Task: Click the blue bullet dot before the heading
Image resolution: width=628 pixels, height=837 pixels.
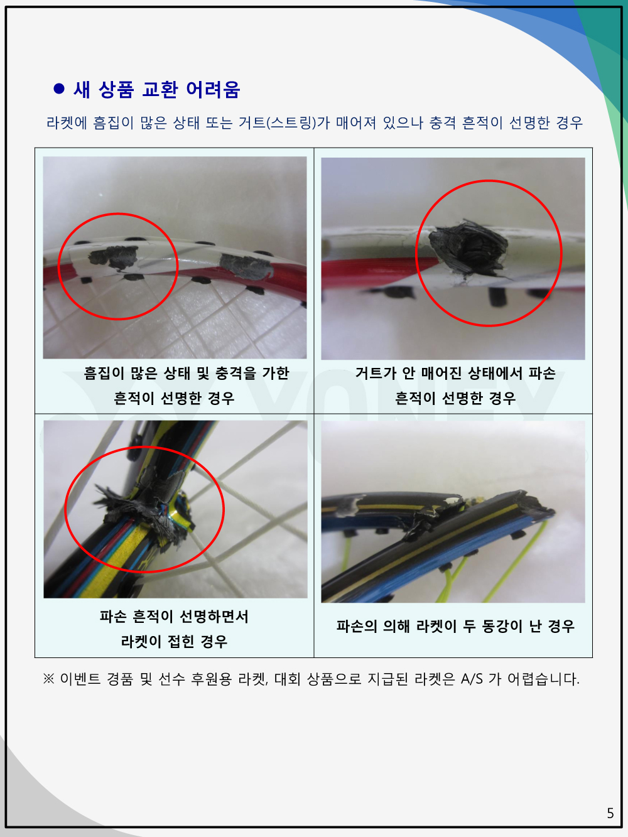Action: (59, 89)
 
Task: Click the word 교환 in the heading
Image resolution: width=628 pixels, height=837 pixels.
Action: (160, 90)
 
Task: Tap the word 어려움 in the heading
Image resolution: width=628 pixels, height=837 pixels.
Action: (213, 90)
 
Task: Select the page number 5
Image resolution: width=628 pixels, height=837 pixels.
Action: (610, 813)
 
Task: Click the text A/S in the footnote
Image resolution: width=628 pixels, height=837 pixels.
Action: (472, 679)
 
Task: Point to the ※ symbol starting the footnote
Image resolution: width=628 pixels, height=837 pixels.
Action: (48, 679)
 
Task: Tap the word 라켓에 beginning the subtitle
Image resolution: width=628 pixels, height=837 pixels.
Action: (67, 123)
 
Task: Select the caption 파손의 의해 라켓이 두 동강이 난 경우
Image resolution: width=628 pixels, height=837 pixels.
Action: (455, 626)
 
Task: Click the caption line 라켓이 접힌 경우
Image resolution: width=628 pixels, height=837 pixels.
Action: (174, 641)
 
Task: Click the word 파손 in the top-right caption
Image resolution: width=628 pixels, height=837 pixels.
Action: (541, 373)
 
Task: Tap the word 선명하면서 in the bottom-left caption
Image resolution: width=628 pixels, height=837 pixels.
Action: (214, 616)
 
